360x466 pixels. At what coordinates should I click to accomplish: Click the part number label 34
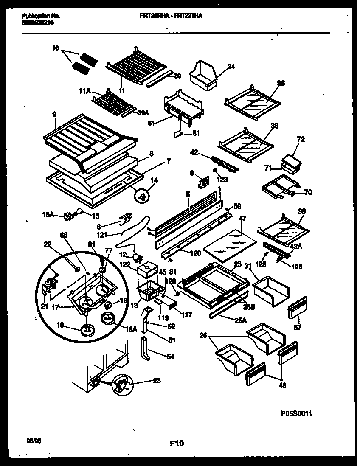click(231, 66)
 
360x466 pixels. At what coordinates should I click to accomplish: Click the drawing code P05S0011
click(296, 414)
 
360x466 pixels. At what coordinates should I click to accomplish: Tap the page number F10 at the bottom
click(177, 444)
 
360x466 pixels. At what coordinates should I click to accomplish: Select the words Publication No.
click(40, 16)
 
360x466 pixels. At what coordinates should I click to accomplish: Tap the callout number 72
click(301, 139)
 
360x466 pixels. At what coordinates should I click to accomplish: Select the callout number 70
click(308, 192)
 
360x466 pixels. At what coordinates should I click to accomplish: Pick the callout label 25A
click(240, 321)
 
